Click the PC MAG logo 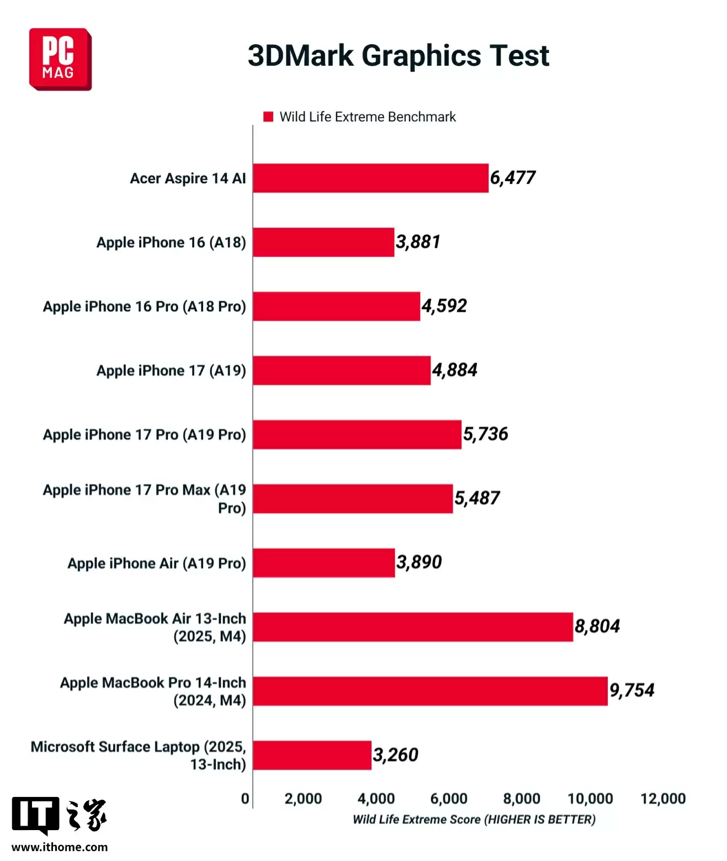tap(60, 60)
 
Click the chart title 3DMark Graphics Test tap(398, 56)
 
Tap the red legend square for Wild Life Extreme tap(268, 116)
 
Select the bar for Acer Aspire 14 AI tap(370, 178)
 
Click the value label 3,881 tap(418, 242)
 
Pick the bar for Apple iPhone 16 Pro tap(336, 306)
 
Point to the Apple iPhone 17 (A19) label tap(171, 370)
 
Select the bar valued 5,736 tap(357, 434)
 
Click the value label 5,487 tap(477, 498)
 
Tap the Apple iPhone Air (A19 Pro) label tap(157, 563)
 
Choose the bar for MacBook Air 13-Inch tap(412, 627)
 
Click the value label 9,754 tap(632, 690)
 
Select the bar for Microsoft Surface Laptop tap(312, 755)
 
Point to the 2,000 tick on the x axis tap(303, 799)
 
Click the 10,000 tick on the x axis tap(590, 799)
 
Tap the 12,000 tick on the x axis tap(662, 799)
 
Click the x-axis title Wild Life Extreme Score tap(474, 820)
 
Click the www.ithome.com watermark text tap(60, 847)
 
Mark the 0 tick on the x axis tap(245, 799)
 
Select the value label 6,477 tap(513, 178)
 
